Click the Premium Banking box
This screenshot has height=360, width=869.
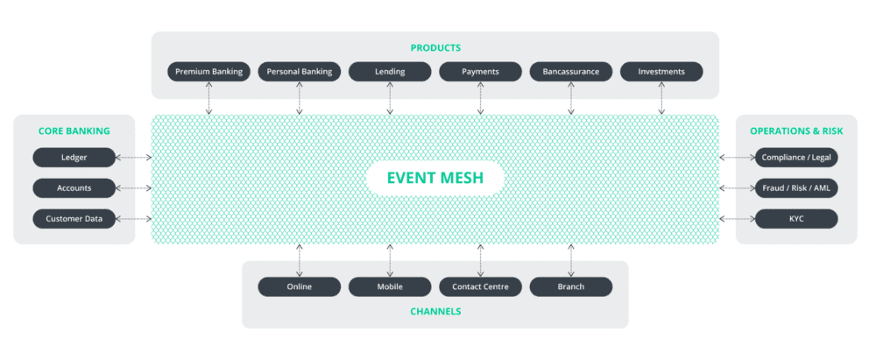pyautogui.click(x=208, y=72)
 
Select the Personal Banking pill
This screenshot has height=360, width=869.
pyautogui.click(x=299, y=72)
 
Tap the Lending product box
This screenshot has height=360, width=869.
pyautogui.click(x=390, y=72)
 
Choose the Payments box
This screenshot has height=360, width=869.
pyautogui.click(x=480, y=72)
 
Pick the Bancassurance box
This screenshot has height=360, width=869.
pyautogui.click(x=570, y=72)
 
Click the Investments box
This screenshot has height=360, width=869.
pyautogui.click(x=661, y=72)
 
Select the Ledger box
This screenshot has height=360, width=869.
pyautogui.click(x=74, y=158)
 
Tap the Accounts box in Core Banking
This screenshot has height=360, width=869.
pyautogui.click(x=74, y=188)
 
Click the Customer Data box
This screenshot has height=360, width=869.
pyautogui.click(x=74, y=219)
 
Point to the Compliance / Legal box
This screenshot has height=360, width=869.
pyautogui.click(x=796, y=158)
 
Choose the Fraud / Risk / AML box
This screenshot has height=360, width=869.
pyautogui.click(x=796, y=188)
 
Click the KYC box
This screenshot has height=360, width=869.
pyautogui.click(x=796, y=219)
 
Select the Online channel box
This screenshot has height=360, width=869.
pyautogui.click(x=299, y=286)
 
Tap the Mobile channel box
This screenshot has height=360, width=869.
pyautogui.click(x=390, y=286)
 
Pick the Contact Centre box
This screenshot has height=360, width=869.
pyautogui.click(x=480, y=286)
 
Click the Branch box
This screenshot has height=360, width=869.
pyautogui.click(x=570, y=286)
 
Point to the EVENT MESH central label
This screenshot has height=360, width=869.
pyautogui.click(x=434, y=180)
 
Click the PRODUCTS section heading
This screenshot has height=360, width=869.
pyautogui.click(x=435, y=48)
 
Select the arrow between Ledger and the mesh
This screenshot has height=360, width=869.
pyautogui.click(x=134, y=158)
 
